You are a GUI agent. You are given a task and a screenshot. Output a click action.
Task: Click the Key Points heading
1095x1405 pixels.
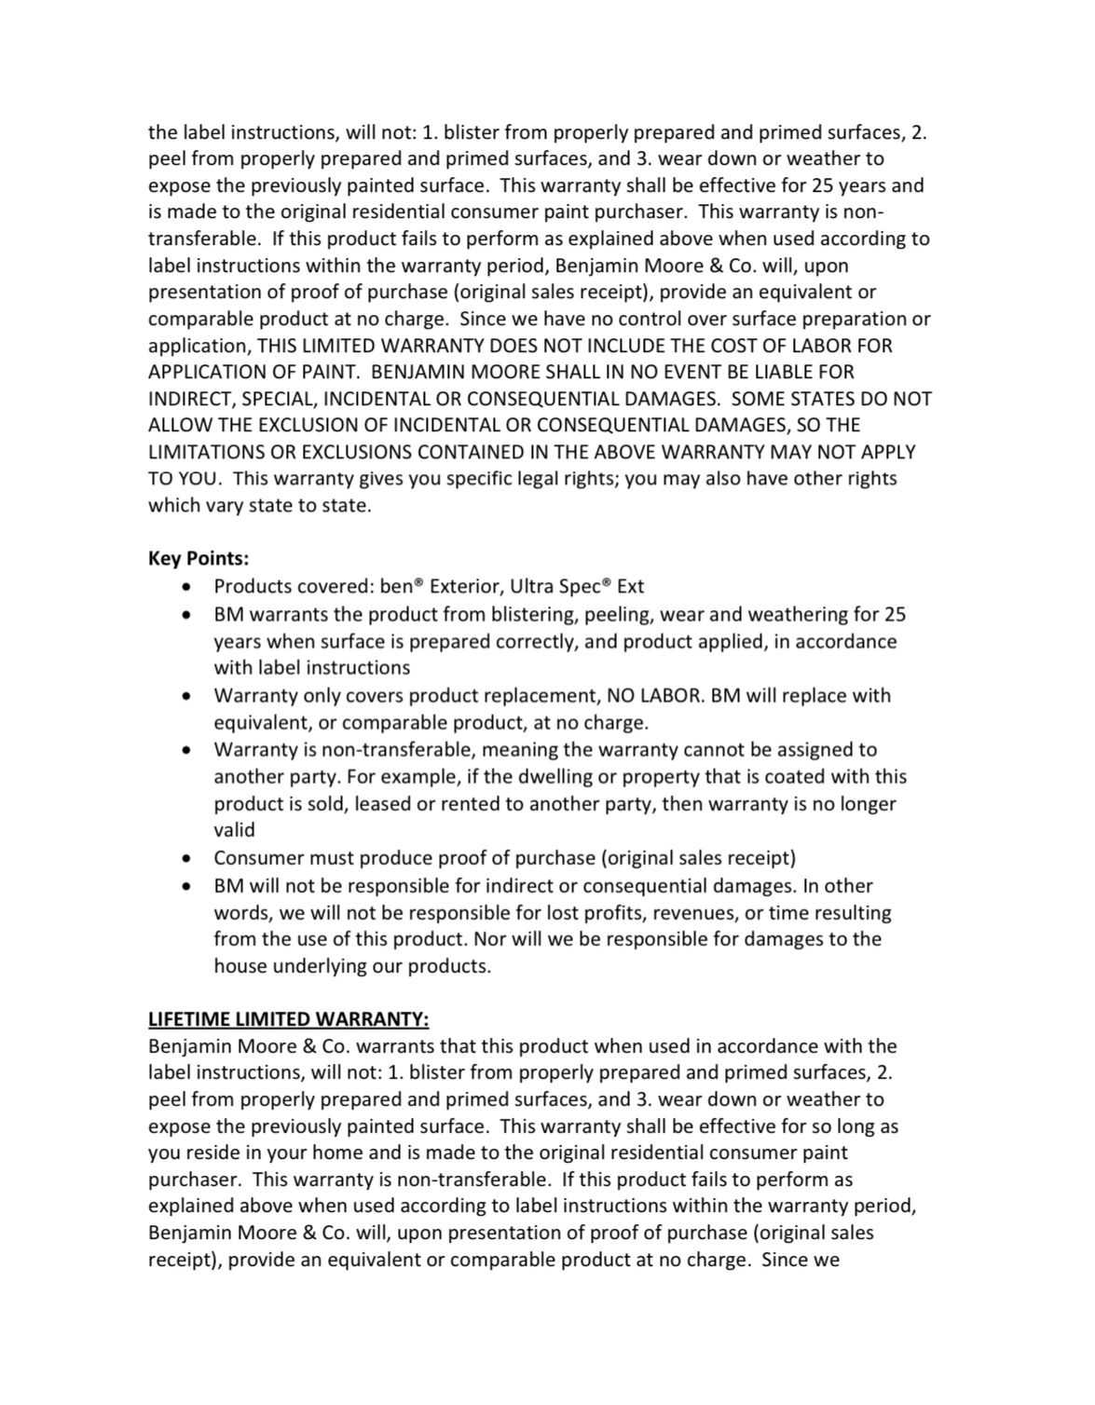click(x=198, y=559)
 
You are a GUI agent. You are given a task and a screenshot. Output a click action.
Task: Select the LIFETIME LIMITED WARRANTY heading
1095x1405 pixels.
click(x=288, y=1018)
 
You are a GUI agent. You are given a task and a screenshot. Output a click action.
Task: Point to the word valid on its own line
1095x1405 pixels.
click(x=234, y=830)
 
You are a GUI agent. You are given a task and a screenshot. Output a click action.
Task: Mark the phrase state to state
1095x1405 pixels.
click(x=308, y=506)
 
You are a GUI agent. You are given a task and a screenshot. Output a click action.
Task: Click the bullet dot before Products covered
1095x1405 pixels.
click(x=189, y=588)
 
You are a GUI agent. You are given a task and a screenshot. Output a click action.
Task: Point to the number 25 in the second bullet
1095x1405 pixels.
click(x=895, y=615)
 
